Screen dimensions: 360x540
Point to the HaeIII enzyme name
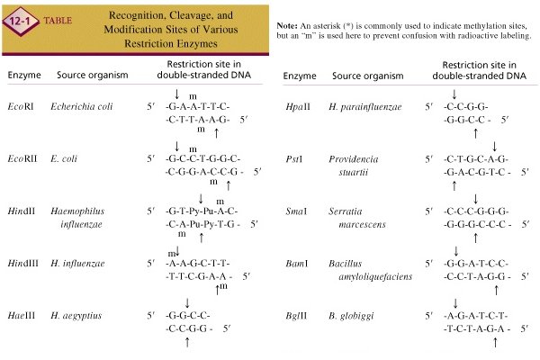[x=24, y=317]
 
